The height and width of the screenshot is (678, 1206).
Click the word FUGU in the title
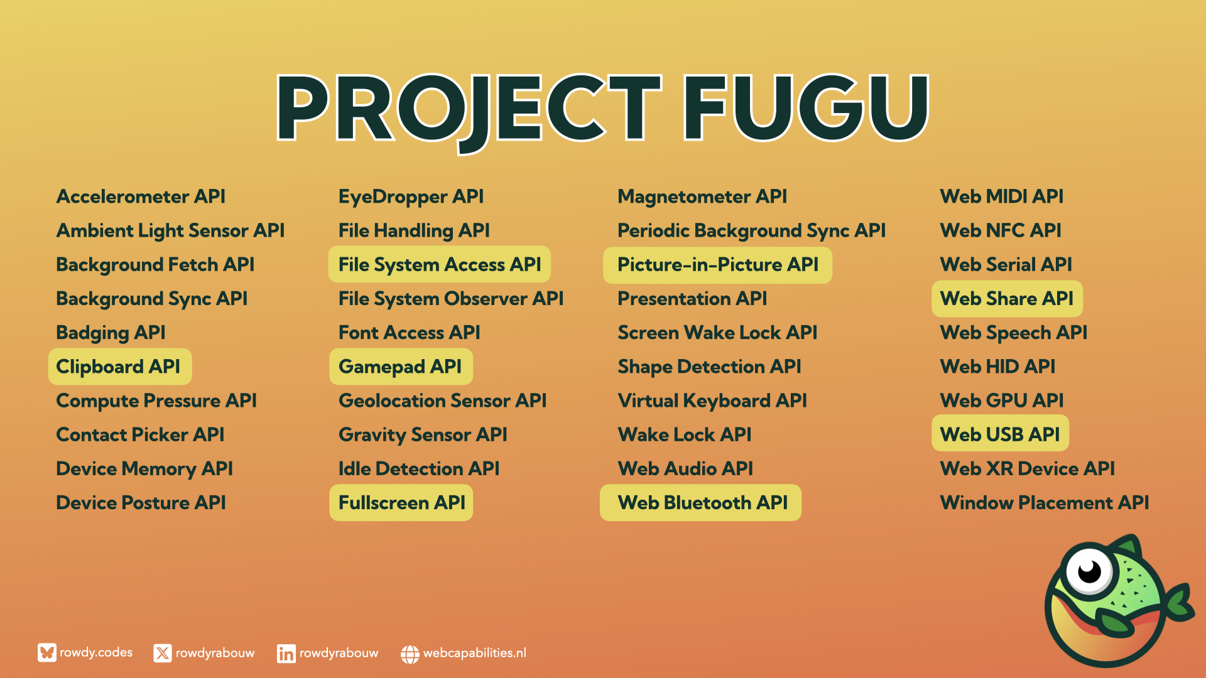point(806,107)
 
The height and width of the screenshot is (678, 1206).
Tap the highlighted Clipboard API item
point(119,367)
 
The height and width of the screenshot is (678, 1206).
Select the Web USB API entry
point(1000,434)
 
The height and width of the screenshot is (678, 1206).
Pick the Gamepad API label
point(401,367)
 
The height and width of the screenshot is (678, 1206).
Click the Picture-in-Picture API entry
point(717,264)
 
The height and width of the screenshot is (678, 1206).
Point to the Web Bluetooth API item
point(701,502)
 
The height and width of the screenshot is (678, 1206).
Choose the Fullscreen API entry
point(401,502)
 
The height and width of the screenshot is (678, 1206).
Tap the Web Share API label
point(1007,298)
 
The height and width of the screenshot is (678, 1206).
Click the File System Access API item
point(440,264)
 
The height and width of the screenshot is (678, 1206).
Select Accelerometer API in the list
point(141,196)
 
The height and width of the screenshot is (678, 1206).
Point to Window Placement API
point(1045,502)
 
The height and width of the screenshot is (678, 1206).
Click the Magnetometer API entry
point(702,196)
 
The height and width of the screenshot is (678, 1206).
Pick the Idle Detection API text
point(419,468)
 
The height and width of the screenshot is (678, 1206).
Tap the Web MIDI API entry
point(1002,196)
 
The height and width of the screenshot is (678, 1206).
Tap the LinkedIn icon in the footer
point(286,654)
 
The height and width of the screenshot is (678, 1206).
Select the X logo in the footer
point(163,654)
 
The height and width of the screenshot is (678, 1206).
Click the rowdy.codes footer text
point(96,653)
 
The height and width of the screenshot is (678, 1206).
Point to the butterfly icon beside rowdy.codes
point(47,653)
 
